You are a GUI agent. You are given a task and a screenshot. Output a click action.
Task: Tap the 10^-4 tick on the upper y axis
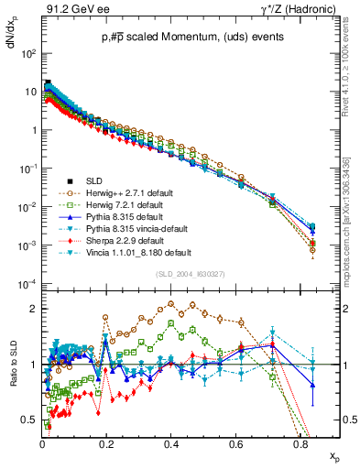click(27, 285)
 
